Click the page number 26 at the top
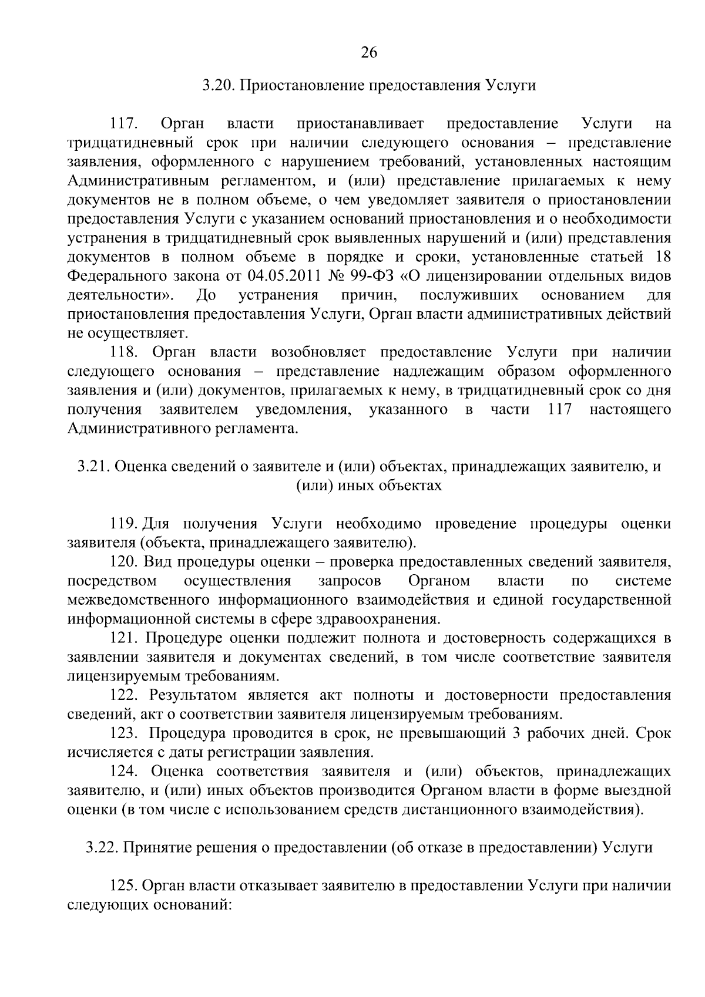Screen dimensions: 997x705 [368, 53]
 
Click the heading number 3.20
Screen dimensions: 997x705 [218, 86]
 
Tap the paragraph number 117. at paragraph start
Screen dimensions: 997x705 [123, 124]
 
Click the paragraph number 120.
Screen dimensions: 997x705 [123, 562]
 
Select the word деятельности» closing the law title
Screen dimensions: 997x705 [124, 295]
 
